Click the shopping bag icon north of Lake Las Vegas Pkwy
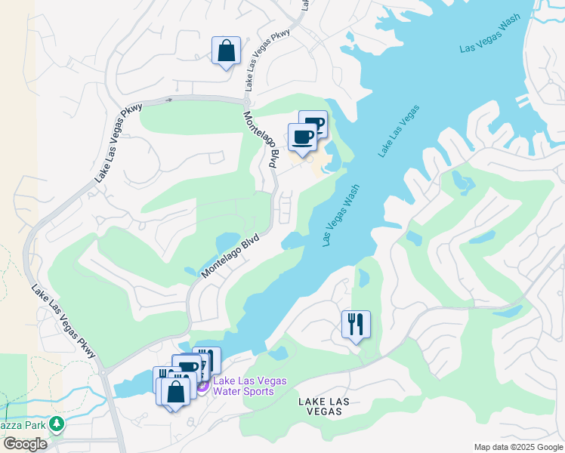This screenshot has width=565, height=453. (226, 51)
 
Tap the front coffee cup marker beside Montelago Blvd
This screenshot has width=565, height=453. (302, 137)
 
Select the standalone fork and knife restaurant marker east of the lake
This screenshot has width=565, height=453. (356, 325)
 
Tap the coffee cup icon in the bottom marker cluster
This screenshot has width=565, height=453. (188, 368)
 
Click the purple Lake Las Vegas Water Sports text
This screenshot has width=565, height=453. (249, 386)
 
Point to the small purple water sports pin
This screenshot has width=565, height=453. (202, 387)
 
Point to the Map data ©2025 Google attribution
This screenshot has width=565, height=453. (518, 447)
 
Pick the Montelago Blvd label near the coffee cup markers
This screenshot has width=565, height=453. (261, 139)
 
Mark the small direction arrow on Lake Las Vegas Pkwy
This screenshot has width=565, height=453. (169, 99)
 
